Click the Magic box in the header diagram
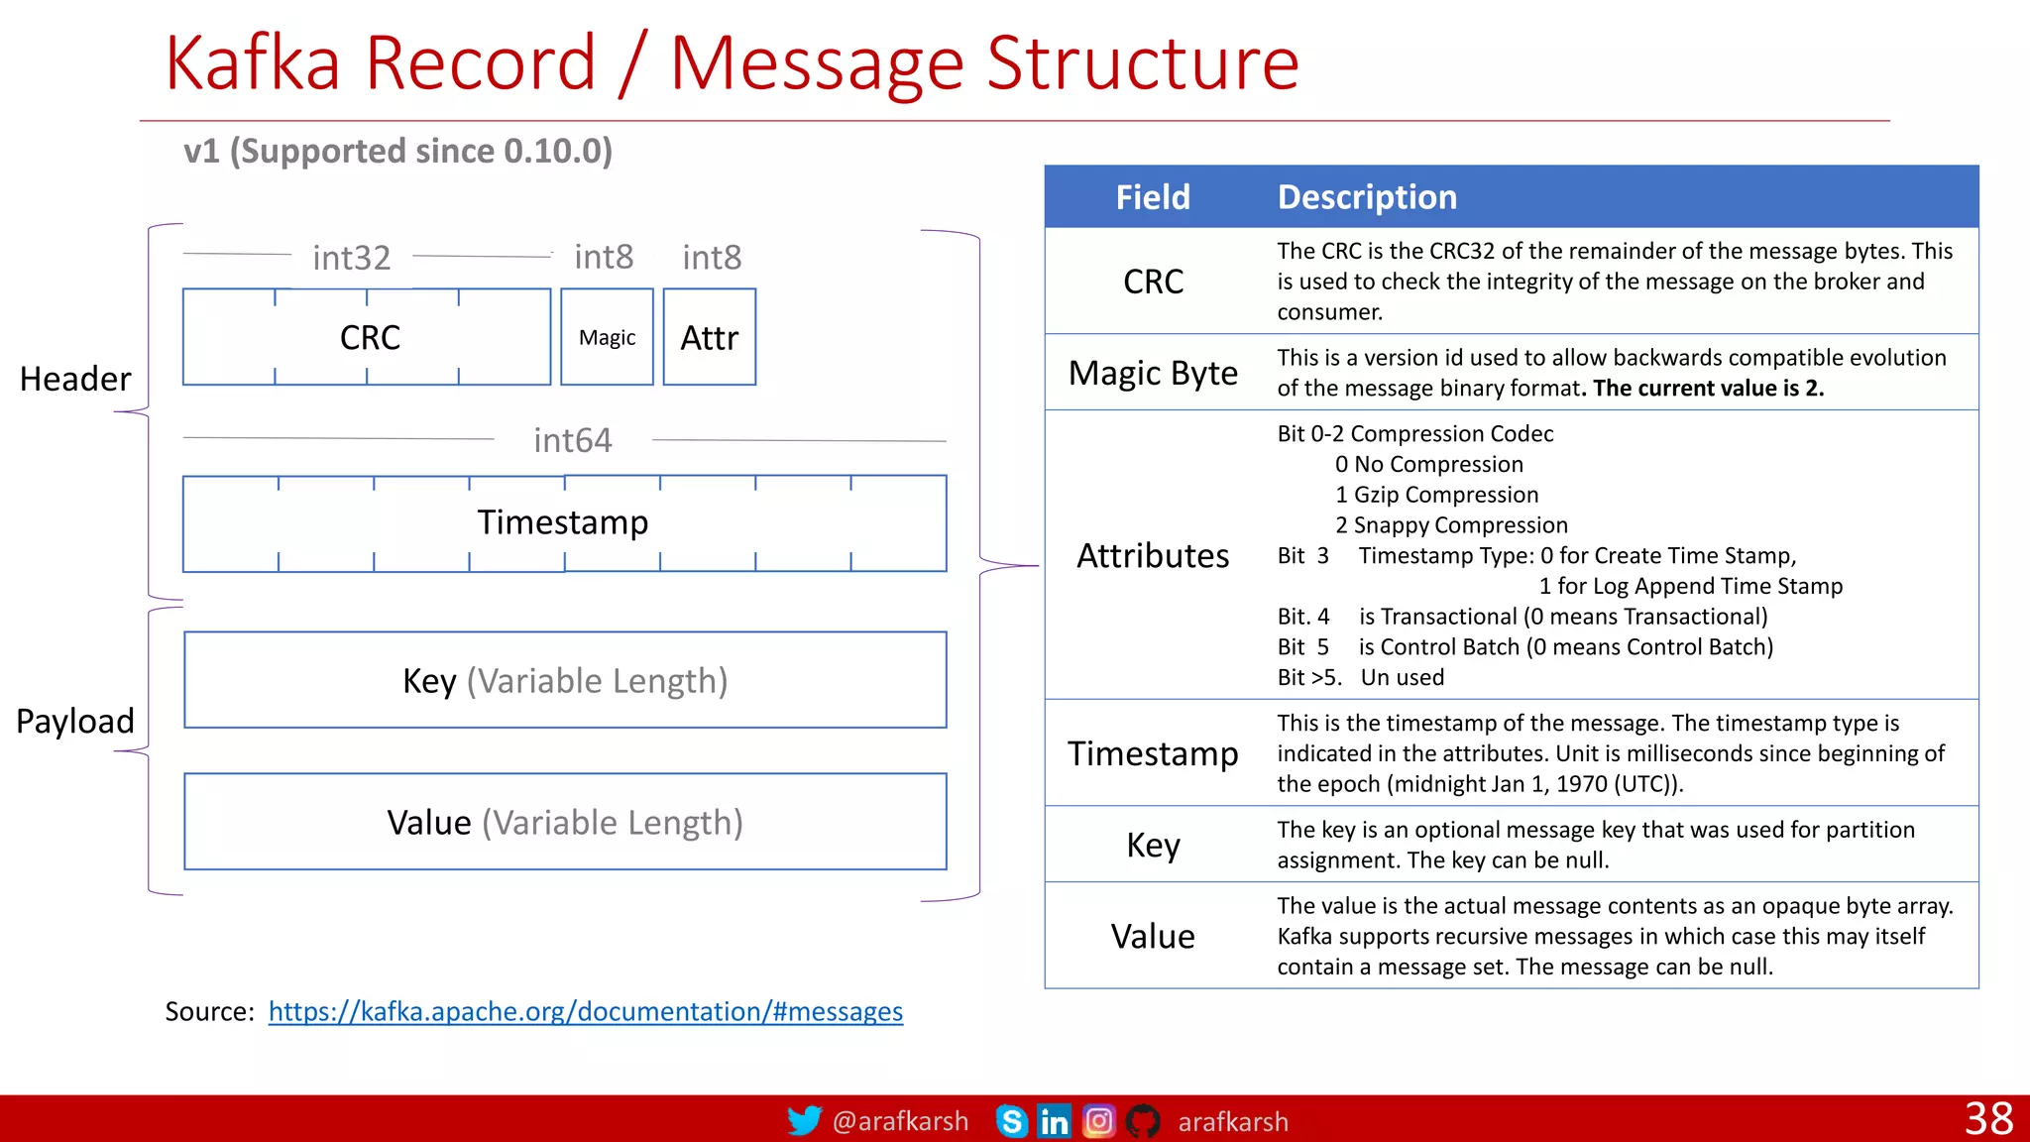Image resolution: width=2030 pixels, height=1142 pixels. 607,337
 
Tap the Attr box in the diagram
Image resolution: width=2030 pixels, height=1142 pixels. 709,337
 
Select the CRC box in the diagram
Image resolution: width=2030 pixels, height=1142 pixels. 368,337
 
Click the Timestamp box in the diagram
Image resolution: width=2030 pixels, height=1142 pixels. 563,522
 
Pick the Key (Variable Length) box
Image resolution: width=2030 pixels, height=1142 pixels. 565,680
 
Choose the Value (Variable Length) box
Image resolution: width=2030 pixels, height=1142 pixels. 565,822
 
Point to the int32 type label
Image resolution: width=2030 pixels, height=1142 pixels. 351,258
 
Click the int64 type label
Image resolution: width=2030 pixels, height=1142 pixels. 572,440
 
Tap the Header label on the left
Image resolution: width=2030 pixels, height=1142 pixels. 75,379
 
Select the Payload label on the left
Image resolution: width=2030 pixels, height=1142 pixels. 75,721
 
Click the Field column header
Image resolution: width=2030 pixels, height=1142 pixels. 1153,197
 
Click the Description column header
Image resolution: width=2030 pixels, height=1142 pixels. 1367,197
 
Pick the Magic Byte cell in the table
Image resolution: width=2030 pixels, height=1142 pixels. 1153,373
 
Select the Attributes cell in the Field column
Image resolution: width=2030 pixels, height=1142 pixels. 1153,555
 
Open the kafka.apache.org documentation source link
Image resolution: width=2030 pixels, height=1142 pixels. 585,1011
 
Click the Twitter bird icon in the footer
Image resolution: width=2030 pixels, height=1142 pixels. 804,1121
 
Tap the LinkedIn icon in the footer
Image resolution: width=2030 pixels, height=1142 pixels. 1054,1121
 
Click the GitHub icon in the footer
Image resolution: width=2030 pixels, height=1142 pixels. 1143,1121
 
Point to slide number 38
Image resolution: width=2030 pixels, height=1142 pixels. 1988,1119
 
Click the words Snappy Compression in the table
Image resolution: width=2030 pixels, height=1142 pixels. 1460,525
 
